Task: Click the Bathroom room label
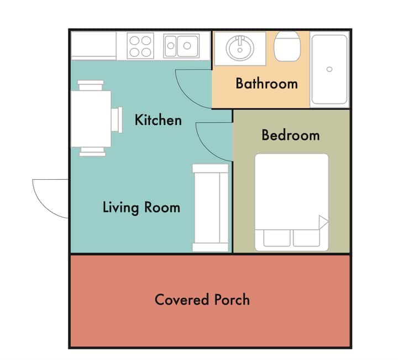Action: tap(266, 84)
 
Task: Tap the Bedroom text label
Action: tap(291, 135)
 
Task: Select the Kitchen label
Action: tap(158, 120)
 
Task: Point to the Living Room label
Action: tap(142, 207)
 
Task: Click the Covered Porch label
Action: tap(202, 300)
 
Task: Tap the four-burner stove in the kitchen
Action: tap(140, 46)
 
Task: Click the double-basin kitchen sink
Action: tap(181, 46)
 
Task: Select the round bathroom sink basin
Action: tap(240, 48)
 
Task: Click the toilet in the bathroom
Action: tap(287, 46)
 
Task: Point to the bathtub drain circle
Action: tap(329, 69)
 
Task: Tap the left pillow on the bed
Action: tap(277, 238)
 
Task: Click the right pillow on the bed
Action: tap(306, 238)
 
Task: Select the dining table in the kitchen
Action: tap(91, 118)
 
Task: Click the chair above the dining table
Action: tap(91, 85)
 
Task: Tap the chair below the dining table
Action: tap(92, 152)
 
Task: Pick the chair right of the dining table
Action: tap(117, 119)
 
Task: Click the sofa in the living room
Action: tap(211, 208)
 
